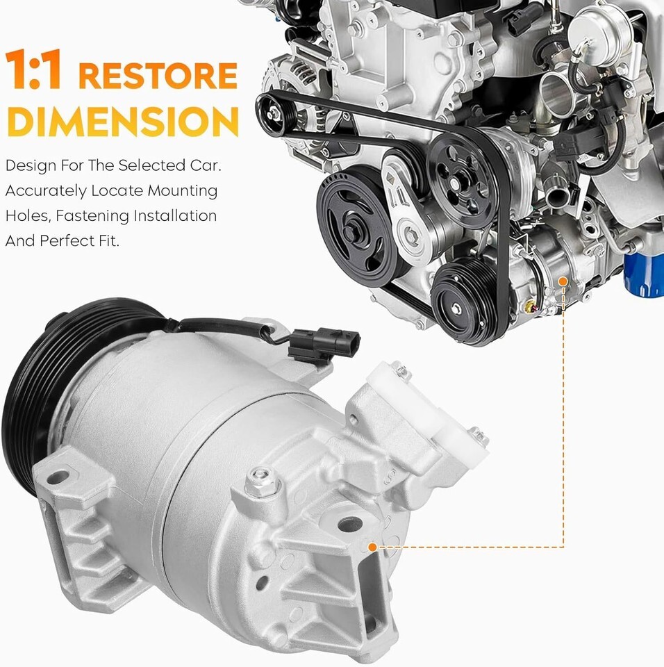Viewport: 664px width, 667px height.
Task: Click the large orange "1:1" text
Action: point(35,69)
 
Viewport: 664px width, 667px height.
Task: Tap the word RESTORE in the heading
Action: point(158,76)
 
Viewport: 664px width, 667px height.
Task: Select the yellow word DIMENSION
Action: point(122,121)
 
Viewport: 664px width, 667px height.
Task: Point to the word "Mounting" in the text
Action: point(183,191)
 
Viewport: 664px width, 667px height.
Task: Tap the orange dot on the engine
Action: point(563,281)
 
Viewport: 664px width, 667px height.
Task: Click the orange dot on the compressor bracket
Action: point(372,547)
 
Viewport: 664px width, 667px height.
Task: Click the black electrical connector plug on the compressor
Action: point(323,344)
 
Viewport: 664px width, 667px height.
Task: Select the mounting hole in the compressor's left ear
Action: point(58,478)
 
